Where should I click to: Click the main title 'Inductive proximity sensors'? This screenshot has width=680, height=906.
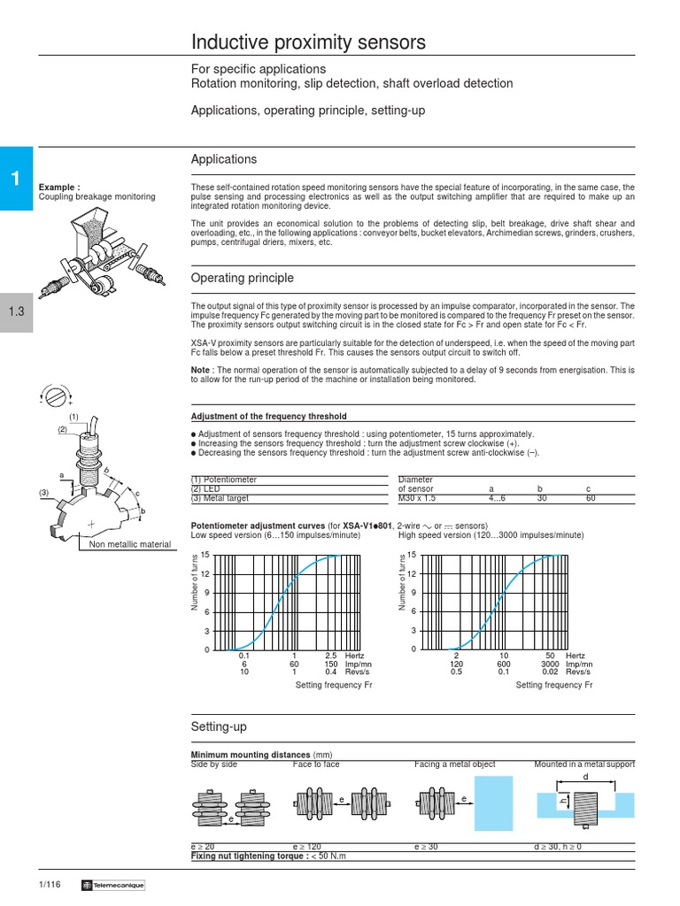click(309, 42)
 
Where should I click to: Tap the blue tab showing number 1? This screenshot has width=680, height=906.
click(15, 179)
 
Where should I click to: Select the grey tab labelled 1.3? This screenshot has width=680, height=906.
click(15, 311)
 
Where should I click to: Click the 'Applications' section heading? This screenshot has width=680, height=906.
click(224, 159)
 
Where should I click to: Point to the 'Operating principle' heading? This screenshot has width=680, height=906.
click(243, 278)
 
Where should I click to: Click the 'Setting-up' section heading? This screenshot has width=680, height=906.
click(219, 726)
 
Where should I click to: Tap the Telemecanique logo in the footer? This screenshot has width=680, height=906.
click(112, 886)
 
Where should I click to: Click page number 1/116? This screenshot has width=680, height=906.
click(50, 886)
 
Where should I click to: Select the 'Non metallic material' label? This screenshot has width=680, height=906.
click(130, 545)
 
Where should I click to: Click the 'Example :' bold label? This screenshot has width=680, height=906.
click(59, 188)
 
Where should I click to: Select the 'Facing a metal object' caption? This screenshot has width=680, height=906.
click(455, 764)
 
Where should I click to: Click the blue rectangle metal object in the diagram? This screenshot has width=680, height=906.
click(493, 801)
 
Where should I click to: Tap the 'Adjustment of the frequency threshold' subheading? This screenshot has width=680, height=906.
click(269, 416)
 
